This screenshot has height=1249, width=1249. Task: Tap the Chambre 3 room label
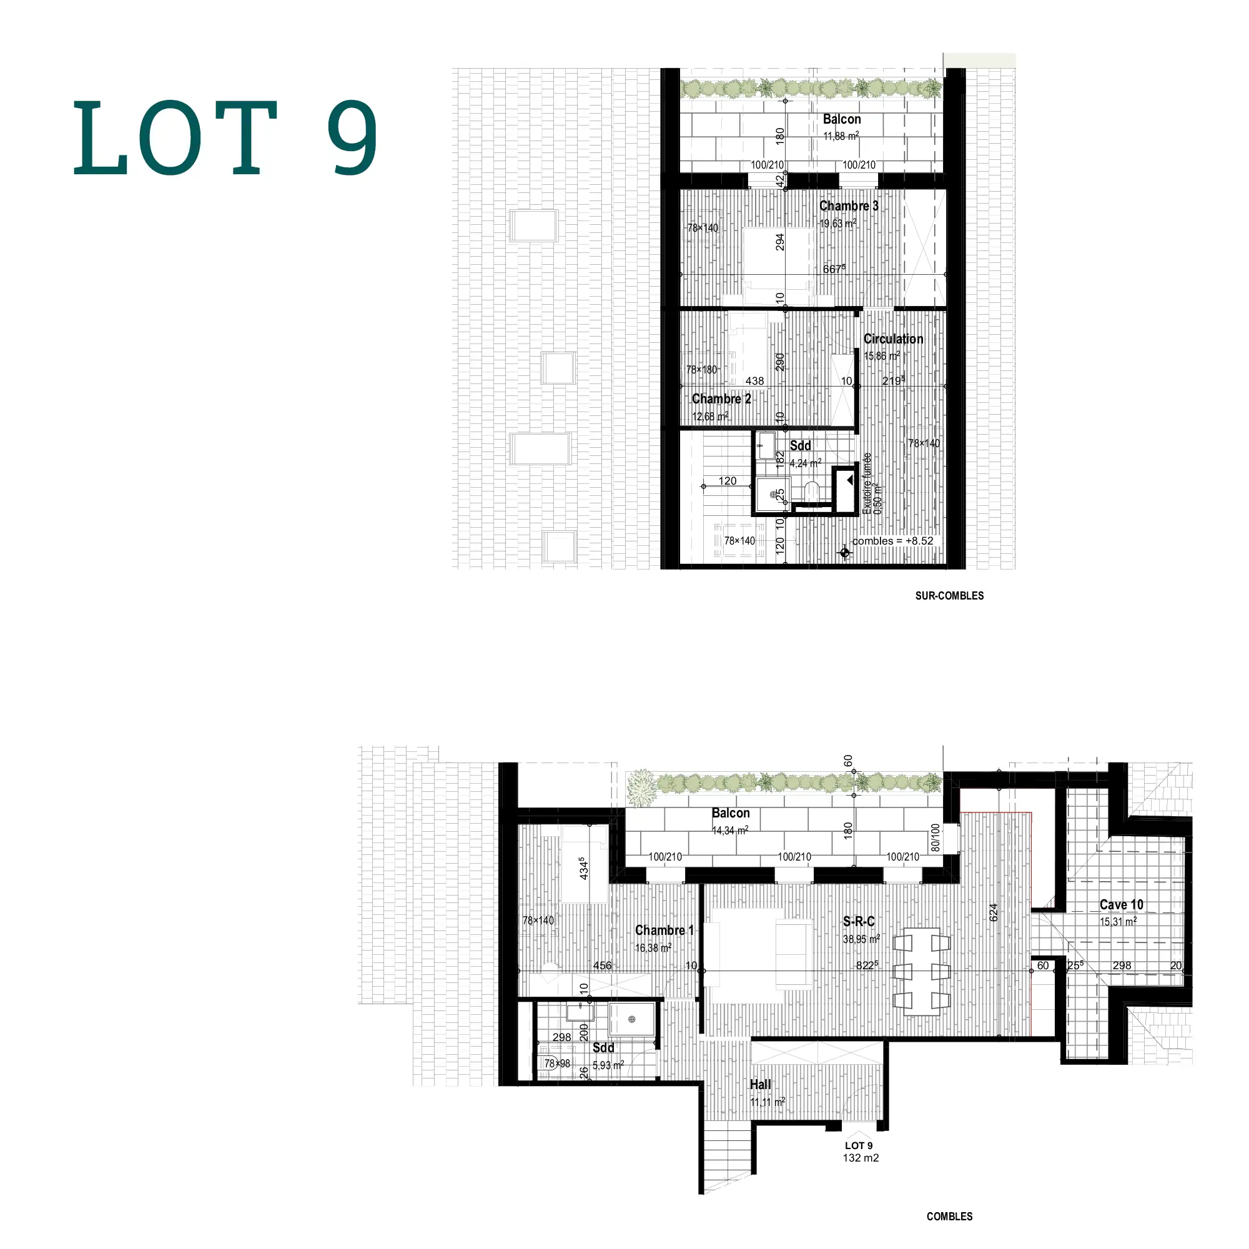[x=849, y=206]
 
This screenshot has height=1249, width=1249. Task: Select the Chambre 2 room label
[x=721, y=399]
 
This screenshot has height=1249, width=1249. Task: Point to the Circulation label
[x=894, y=338]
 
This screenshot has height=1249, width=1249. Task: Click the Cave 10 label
[x=1122, y=905]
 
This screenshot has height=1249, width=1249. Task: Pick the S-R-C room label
[x=859, y=922]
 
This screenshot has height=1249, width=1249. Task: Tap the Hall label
[x=760, y=1084]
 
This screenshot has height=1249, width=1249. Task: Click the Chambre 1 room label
[x=664, y=931]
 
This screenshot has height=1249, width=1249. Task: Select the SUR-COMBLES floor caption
[x=949, y=595]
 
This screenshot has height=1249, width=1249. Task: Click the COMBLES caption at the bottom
[x=949, y=1216]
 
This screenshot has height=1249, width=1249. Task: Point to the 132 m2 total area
[x=861, y=1158]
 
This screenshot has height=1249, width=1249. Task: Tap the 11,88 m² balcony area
[x=841, y=136]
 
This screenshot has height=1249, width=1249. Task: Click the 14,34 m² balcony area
[x=730, y=830]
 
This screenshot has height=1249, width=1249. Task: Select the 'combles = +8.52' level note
[x=893, y=541]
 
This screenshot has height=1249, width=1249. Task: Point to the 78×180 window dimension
[x=701, y=370]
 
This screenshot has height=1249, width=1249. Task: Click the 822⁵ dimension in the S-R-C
[x=867, y=965]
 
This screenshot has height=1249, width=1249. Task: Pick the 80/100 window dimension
[x=936, y=837]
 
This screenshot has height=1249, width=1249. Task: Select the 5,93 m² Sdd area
[x=608, y=1065]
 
